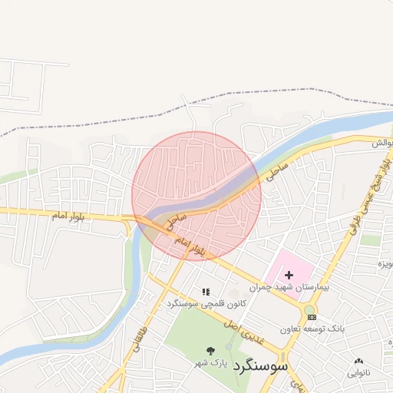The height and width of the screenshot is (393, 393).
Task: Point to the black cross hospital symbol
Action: (x=289, y=274)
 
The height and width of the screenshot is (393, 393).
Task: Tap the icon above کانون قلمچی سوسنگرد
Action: (x=205, y=292)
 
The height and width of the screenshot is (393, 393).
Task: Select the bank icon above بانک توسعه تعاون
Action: (x=310, y=317)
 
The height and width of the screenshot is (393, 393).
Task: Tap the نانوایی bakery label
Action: (x=358, y=374)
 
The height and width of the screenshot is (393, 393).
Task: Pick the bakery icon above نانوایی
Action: (x=358, y=362)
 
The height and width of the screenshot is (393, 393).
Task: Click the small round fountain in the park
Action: (x=228, y=346)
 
